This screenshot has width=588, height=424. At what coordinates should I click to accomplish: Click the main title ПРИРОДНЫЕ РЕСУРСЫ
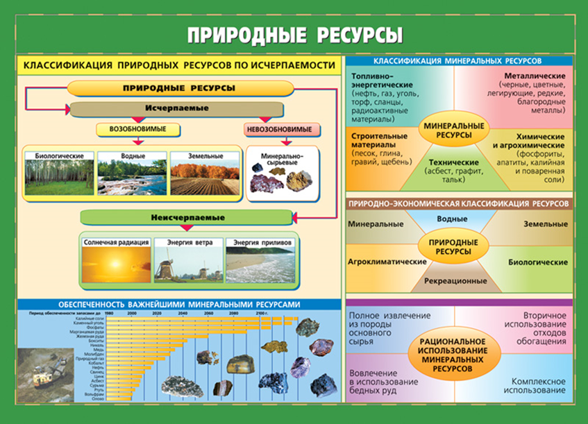pos(294,34)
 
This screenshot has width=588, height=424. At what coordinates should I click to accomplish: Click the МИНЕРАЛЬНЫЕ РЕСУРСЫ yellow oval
pos(454,128)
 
